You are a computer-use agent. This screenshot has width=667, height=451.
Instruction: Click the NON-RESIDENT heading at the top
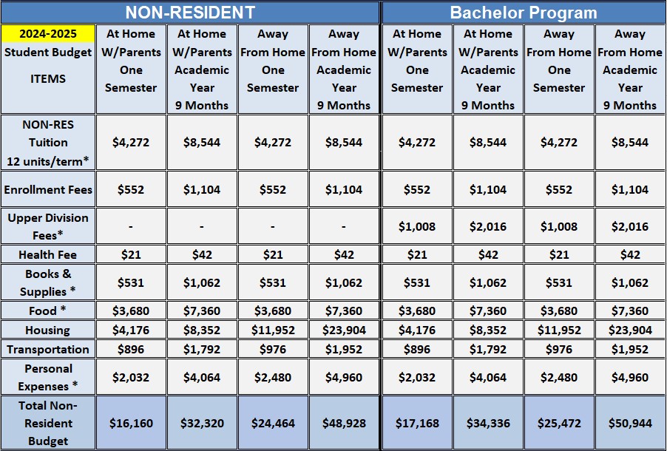tap(190, 13)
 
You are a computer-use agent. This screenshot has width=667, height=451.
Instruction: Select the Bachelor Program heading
tap(524, 13)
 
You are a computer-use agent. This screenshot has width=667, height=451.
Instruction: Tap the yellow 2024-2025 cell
tap(48, 33)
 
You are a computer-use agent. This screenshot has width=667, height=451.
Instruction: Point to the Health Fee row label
tap(48, 254)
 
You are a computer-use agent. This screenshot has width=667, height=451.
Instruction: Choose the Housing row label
tap(48, 330)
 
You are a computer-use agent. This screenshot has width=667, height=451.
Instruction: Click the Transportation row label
tap(48, 349)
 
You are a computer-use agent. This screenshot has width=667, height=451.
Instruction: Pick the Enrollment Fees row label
tap(48, 190)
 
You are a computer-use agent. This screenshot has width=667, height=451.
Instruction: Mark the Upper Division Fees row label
tap(48, 226)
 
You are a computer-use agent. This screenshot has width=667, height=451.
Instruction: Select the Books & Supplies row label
tap(48, 282)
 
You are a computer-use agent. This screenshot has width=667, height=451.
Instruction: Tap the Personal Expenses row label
tap(48, 377)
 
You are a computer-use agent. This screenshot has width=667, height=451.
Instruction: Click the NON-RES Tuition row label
tap(48, 142)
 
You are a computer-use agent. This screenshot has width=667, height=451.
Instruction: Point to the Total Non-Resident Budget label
tap(48, 423)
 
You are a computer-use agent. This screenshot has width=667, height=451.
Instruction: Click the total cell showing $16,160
tap(132, 424)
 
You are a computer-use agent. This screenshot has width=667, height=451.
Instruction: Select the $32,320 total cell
tap(202, 424)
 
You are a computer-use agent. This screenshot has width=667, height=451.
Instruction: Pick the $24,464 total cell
tap(273, 424)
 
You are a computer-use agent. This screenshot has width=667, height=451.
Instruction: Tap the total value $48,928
tap(344, 424)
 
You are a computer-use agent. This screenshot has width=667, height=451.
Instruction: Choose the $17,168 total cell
tap(417, 424)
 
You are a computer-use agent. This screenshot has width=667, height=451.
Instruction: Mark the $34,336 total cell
tap(488, 424)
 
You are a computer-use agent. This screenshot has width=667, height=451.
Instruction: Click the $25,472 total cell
tap(559, 424)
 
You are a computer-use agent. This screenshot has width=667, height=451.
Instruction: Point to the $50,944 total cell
tap(630, 424)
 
